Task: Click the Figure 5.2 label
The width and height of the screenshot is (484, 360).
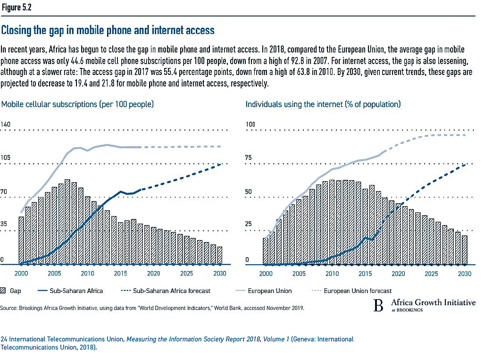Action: click(17, 7)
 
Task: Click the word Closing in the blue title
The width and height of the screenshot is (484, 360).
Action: click(16, 30)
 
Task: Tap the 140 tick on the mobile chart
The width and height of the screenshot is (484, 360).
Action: click(5, 125)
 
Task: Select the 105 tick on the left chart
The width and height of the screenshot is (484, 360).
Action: click(5, 158)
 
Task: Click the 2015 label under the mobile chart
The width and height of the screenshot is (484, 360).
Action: click(120, 273)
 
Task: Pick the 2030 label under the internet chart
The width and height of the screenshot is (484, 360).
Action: click(465, 274)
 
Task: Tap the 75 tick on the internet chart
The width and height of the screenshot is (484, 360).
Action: click(249, 158)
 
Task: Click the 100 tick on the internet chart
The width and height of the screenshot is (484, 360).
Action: click(250, 125)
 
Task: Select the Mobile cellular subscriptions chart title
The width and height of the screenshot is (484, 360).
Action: click(77, 104)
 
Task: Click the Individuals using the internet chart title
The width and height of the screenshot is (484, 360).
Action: click(323, 104)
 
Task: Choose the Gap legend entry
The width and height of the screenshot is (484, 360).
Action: click(11, 291)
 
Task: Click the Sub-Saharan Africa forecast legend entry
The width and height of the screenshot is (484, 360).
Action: click(166, 291)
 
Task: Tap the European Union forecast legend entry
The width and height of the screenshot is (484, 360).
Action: click(352, 291)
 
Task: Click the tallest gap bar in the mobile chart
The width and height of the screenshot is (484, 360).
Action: click(67, 222)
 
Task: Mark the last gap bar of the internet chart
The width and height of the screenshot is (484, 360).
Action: click(465, 250)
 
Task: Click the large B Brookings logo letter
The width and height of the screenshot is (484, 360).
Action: click(378, 305)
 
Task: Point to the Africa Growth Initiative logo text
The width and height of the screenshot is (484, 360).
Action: click(434, 302)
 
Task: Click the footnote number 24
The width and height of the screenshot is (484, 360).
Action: click(4, 339)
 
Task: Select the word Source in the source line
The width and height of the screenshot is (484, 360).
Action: click(8, 308)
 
